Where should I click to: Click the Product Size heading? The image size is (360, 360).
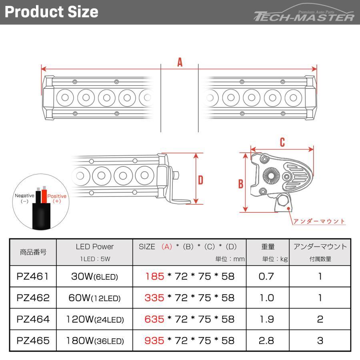51,12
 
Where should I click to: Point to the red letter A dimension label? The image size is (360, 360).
180,62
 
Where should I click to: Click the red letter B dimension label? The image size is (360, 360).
240,184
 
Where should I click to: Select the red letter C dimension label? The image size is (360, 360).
282,142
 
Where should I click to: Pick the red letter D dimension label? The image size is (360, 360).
200,180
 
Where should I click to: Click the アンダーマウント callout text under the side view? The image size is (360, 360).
319,221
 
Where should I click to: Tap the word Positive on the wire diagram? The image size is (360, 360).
56,196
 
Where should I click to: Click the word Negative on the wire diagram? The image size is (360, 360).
24,196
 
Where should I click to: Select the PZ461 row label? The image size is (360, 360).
33,276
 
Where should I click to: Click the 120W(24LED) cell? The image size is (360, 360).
94,320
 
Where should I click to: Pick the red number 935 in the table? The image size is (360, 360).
155,341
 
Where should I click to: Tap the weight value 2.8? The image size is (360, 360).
266,341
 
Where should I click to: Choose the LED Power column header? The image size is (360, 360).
94,247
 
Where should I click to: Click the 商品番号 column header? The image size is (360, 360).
33,252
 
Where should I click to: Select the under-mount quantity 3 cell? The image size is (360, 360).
320,341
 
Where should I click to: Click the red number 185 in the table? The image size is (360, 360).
155,276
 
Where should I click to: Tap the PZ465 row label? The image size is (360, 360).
33,341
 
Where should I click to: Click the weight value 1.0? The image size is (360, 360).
266,298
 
